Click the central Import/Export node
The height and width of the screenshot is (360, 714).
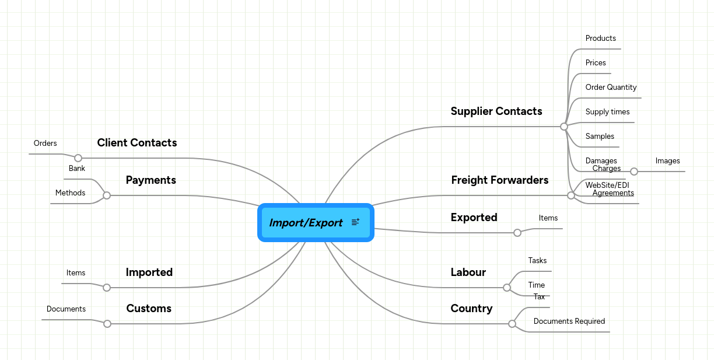[306, 222]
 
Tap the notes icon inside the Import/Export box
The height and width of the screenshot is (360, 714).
[355, 222]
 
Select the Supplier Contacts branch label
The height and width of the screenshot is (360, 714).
[496, 111]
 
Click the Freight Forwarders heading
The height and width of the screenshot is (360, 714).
[499, 180]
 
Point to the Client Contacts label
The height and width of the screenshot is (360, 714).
[137, 142]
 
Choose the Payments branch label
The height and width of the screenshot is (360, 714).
[150, 180]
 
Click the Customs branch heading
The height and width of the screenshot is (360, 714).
[149, 308]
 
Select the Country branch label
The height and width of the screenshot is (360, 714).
[471, 308]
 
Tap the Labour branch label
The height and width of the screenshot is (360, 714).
[468, 272]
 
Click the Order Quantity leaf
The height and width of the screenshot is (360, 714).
[611, 87]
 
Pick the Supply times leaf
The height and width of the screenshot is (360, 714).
[607, 111]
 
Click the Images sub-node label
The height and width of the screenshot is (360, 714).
[667, 160]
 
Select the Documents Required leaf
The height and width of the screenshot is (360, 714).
[569, 321]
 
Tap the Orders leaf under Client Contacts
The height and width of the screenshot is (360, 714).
[45, 143]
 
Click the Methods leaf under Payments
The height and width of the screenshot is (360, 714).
[70, 193]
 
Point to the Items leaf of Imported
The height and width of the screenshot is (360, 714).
[76, 272]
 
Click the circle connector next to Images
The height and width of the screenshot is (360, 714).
[634, 172]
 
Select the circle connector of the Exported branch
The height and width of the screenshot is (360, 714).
[517, 233]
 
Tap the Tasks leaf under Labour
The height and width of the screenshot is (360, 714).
[537, 260]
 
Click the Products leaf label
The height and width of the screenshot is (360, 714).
[600, 38]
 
